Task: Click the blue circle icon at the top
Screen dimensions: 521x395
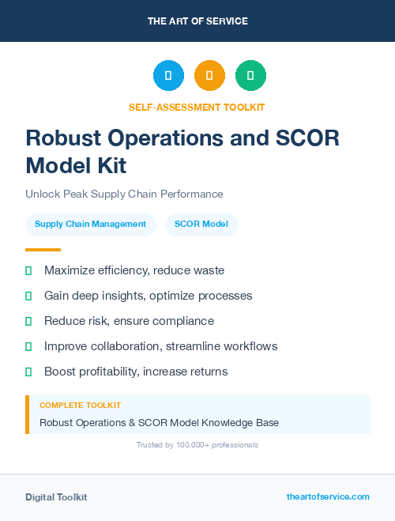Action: (168, 75)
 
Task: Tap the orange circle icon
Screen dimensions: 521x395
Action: (209, 75)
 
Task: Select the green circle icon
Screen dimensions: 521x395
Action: (250, 75)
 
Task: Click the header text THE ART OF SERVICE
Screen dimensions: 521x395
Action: (197, 21)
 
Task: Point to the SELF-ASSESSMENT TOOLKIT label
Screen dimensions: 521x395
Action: (197, 107)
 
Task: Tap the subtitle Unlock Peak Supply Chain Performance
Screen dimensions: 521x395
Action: (124, 194)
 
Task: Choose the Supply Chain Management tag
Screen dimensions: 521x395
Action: (90, 224)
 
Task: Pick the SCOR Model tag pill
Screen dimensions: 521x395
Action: (201, 224)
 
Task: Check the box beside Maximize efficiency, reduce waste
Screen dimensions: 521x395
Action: (28, 271)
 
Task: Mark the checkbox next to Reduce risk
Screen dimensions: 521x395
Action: (28, 321)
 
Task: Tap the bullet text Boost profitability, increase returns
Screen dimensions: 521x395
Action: (136, 372)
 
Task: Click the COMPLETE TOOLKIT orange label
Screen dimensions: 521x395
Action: (80, 405)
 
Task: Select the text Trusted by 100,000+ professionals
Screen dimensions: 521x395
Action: (197, 445)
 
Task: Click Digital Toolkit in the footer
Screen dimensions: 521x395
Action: (56, 497)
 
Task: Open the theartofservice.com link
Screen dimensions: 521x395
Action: (328, 496)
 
